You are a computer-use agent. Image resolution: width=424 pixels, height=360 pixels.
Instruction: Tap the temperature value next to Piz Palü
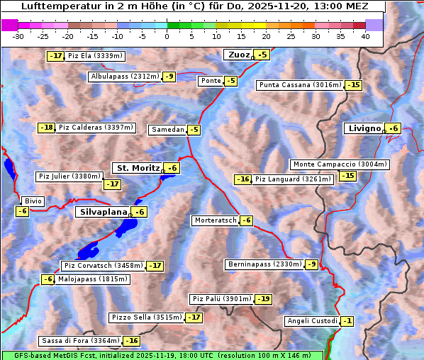[x=263, y=299]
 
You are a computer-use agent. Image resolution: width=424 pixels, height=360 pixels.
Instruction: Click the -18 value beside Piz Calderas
[x=46, y=128]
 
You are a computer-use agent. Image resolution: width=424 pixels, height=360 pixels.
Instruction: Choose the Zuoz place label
[x=238, y=55]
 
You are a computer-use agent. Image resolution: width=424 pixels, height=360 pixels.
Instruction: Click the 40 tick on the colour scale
[x=365, y=36]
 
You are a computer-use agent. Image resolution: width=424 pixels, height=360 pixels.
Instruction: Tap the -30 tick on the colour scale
[x=18, y=36]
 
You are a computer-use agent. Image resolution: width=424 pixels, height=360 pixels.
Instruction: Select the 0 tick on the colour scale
[x=167, y=36]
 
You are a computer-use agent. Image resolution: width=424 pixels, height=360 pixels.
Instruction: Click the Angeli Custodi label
[x=312, y=321]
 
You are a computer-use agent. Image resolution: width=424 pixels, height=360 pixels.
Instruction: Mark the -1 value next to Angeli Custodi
[x=347, y=321]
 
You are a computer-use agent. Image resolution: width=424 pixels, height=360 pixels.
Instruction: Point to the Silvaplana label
[x=103, y=212]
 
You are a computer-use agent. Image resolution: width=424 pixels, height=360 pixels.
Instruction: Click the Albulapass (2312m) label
[x=125, y=77]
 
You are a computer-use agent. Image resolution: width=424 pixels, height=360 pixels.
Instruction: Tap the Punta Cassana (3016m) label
[x=299, y=85]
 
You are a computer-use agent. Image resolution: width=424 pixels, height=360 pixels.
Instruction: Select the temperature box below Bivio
[x=22, y=211]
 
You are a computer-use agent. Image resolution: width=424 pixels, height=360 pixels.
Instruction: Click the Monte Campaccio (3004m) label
[x=340, y=164]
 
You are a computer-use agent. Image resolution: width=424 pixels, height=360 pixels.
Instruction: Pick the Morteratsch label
[x=215, y=220]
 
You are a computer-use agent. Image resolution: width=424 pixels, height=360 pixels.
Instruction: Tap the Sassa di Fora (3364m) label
[x=80, y=341]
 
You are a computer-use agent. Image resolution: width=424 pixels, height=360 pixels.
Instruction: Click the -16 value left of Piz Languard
[x=243, y=179]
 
